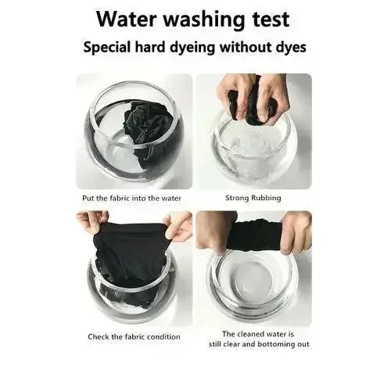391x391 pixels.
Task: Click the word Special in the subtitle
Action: (112, 48)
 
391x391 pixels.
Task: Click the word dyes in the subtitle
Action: (289, 48)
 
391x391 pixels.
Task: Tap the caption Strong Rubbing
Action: (253, 198)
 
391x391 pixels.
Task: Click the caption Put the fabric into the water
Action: (135, 198)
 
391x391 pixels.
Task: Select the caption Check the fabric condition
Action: (134, 337)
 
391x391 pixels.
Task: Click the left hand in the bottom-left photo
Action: (93, 223)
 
